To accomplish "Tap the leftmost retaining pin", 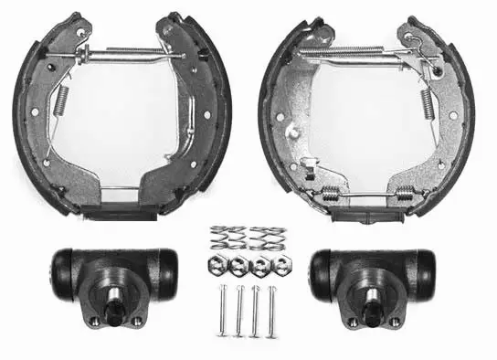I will tap(224, 311).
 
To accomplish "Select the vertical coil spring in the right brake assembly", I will tap(425, 101).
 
